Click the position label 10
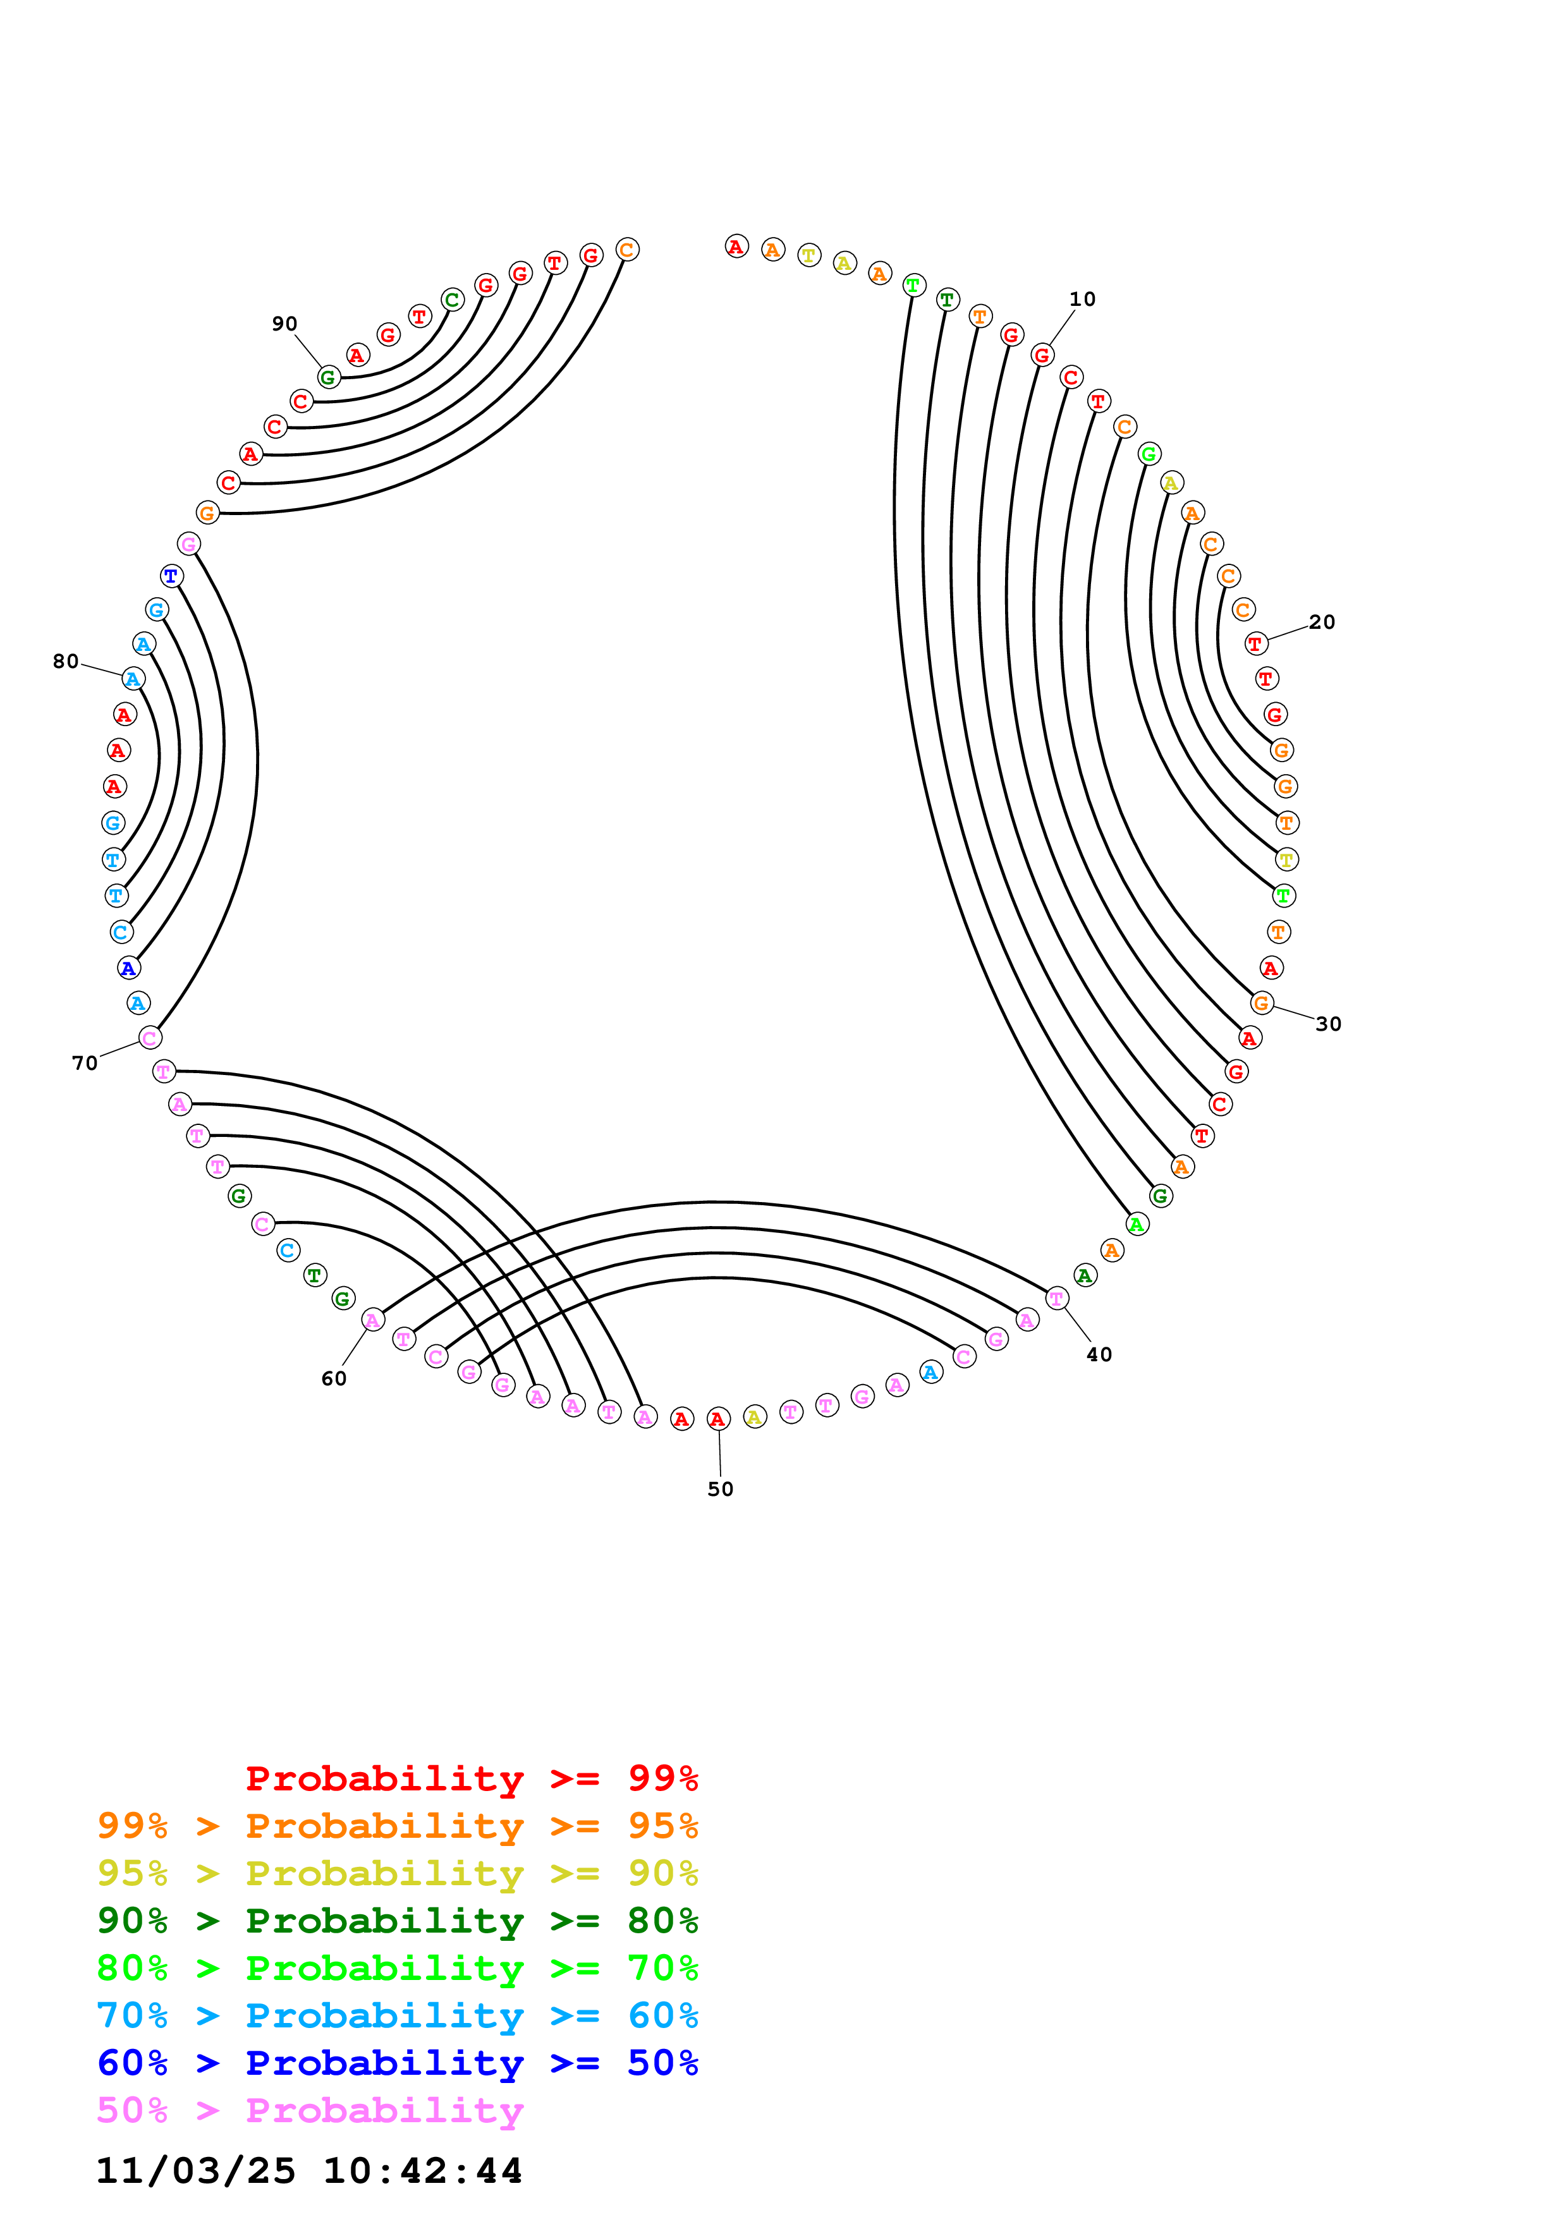point(1082,300)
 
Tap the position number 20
point(1322,622)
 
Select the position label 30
point(1329,1024)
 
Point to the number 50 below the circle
point(720,1489)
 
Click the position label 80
point(66,662)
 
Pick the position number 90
point(284,324)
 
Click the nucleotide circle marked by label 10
point(1042,355)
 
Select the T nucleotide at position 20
point(1255,643)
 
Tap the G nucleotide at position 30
point(1261,1003)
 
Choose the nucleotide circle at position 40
point(1058,1299)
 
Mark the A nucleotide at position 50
point(717,1418)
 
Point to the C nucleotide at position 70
point(150,1038)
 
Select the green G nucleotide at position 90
point(328,377)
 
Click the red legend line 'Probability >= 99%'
point(471,1778)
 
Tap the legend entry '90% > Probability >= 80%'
point(397,1921)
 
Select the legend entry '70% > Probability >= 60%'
point(397,2015)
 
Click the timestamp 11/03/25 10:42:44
point(309,2171)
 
